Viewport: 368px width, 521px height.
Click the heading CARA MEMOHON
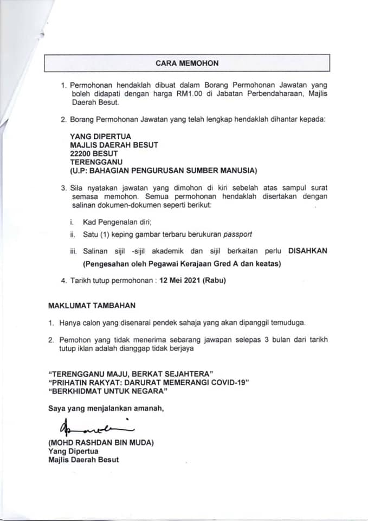click(x=187, y=63)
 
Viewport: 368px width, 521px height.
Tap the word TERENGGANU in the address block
click(x=96, y=162)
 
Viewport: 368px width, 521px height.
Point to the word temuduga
click(x=288, y=322)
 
